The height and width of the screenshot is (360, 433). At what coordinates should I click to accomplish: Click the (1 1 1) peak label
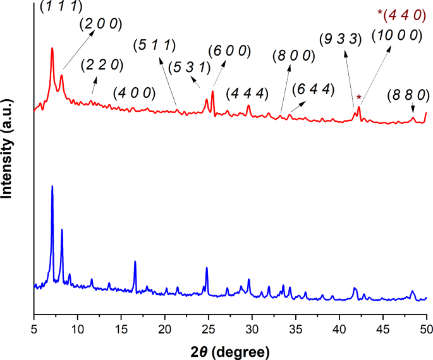pyautogui.click(x=61, y=6)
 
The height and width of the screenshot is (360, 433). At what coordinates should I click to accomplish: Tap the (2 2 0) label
pyautogui.click(x=102, y=64)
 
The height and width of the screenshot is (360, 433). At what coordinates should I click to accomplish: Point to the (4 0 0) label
pyautogui.click(x=134, y=93)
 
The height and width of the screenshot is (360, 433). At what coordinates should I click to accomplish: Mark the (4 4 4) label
pyautogui.click(x=247, y=93)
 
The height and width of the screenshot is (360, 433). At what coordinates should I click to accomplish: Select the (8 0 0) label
pyautogui.click(x=294, y=56)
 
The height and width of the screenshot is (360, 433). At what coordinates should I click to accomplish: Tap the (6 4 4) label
pyautogui.click(x=312, y=88)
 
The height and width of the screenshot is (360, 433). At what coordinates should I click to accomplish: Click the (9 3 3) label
pyautogui.click(x=340, y=39)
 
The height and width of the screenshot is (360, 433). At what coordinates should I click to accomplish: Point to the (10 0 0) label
pyautogui.click(x=396, y=35)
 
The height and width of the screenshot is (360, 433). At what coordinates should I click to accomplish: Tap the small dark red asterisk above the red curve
pyautogui.click(x=359, y=98)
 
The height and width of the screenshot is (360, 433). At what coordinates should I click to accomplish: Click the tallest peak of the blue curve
pyautogui.click(x=52, y=187)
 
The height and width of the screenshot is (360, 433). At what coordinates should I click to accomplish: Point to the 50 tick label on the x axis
pyautogui.click(x=426, y=328)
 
